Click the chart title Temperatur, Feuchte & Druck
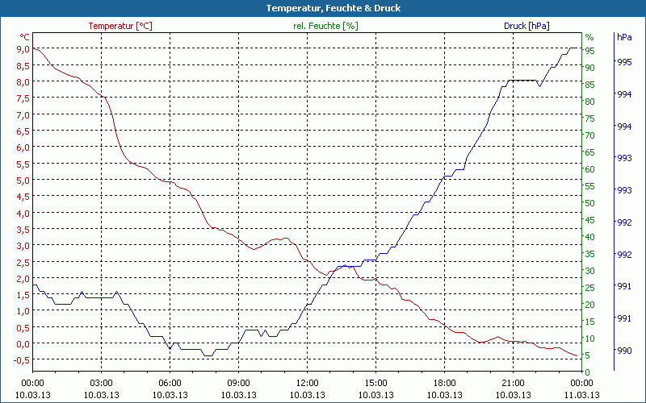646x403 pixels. pyautogui.click(x=322, y=8)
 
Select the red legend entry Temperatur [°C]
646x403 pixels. pyautogui.click(x=120, y=26)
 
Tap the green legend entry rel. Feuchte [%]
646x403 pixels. pyautogui.click(x=325, y=26)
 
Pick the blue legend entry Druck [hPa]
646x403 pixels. pyautogui.click(x=526, y=26)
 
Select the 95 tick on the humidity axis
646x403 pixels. pyautogui.click(x=590, y=51)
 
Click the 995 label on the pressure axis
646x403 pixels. pyautogui.click(x=623, y=62)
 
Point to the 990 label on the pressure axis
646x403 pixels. pyautogui.click(x=623, y=350)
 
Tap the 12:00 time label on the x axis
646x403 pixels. pyautogui.click(x=307, y=383)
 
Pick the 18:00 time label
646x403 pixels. pyautogui.click(x=444, y=383)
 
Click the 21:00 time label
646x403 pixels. pyautogui.click(x=513, y=383)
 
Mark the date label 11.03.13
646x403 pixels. pyautogui.click(x=582, y=395)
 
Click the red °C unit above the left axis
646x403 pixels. pyautogui.click(x=25, y=37)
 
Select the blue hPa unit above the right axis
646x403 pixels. pyautogui.click(x=623, y=37)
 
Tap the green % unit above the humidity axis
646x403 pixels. pyautogui.click(x=589, y=37)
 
